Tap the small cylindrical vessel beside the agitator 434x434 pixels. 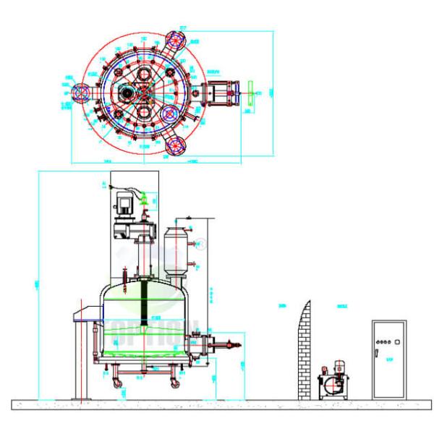[174, 249]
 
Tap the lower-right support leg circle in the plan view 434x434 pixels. [175, 143]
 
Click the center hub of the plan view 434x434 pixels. [142, 92]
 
